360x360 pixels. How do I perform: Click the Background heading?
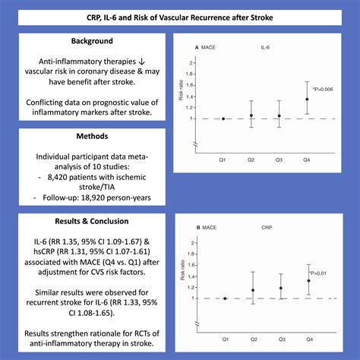[x=92, y=40]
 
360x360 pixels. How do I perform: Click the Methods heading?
[x=92, y=138]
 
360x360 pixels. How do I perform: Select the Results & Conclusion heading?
[x=92, y=223]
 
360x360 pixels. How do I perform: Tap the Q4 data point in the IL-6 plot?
[x=307, y=99]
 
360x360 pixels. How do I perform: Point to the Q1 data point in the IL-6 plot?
[x=223, y=118]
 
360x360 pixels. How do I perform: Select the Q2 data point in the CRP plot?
[x=253, y=290]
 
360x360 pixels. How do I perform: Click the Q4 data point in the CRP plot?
[x=308, y=280]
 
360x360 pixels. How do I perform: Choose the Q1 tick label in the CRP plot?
[x=225, y=339]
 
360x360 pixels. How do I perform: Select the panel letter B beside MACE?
[x=198, y=227]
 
